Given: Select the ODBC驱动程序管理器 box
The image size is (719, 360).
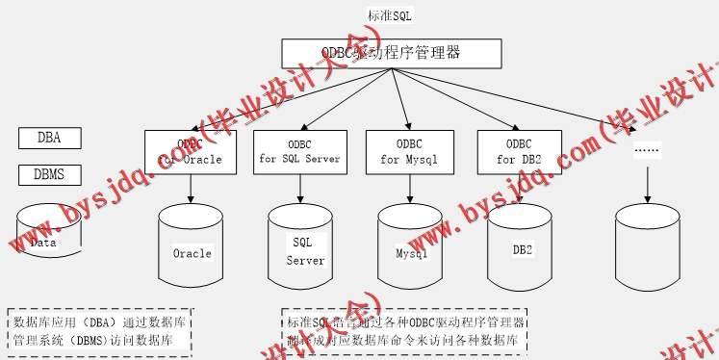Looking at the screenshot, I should [392, 53].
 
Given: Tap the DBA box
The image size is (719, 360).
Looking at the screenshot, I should [49, 138].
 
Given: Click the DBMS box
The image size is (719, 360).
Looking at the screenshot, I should [49, 174].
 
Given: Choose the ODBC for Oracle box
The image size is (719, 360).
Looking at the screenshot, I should [191, 152].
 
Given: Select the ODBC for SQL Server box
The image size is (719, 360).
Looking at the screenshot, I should [300, 152].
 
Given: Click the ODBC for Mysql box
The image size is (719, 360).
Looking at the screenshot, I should [409, 152].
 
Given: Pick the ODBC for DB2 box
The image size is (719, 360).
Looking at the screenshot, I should [519, 152].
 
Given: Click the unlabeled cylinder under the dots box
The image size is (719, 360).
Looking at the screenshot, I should [647, 250].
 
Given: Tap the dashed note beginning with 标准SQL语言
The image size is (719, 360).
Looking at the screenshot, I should [405, 330].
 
